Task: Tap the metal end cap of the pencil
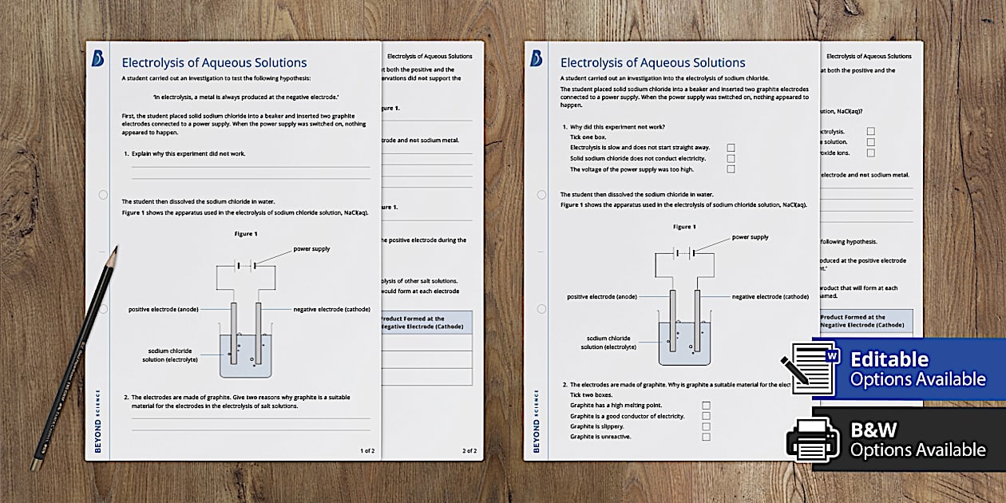click(35, 464)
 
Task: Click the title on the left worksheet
click(214, 63)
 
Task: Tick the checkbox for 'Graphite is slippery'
click(706, 426)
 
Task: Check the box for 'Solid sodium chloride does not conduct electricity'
click(731, 158)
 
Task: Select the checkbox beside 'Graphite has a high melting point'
click(706, 406)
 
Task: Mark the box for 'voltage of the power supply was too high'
click(731, 168)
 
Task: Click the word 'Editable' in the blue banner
click(889, 359)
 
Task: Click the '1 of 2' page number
click(367, 451)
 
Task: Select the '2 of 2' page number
click(469, 451)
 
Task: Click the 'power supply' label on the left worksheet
click(311, 249)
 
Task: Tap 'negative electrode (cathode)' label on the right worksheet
click(770, 296)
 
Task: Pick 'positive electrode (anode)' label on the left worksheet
click(164, 309)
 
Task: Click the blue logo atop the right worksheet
click(537, 58)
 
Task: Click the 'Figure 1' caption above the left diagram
click(246, 233)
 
